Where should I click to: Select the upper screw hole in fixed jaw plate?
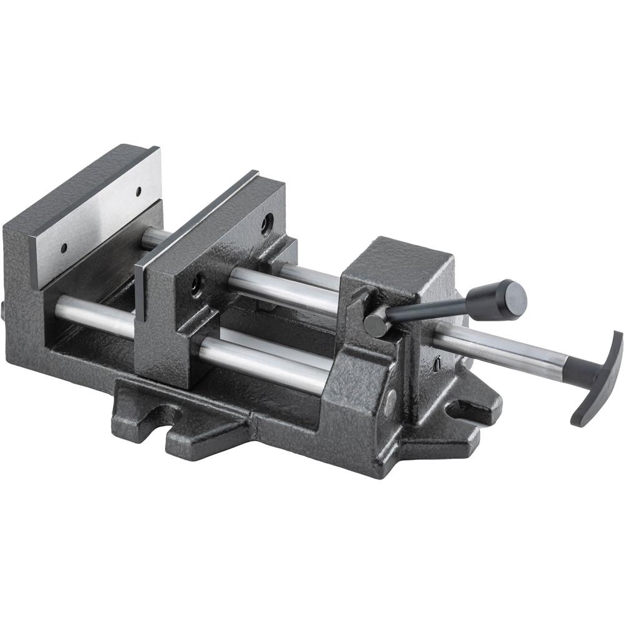point(138,191)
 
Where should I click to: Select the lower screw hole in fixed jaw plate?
point(64,248)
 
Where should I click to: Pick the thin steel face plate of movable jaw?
point(141,293)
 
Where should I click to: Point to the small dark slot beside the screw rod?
point(438,361)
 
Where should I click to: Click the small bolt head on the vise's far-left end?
point(4,309)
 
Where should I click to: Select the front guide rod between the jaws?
point(94,312)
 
